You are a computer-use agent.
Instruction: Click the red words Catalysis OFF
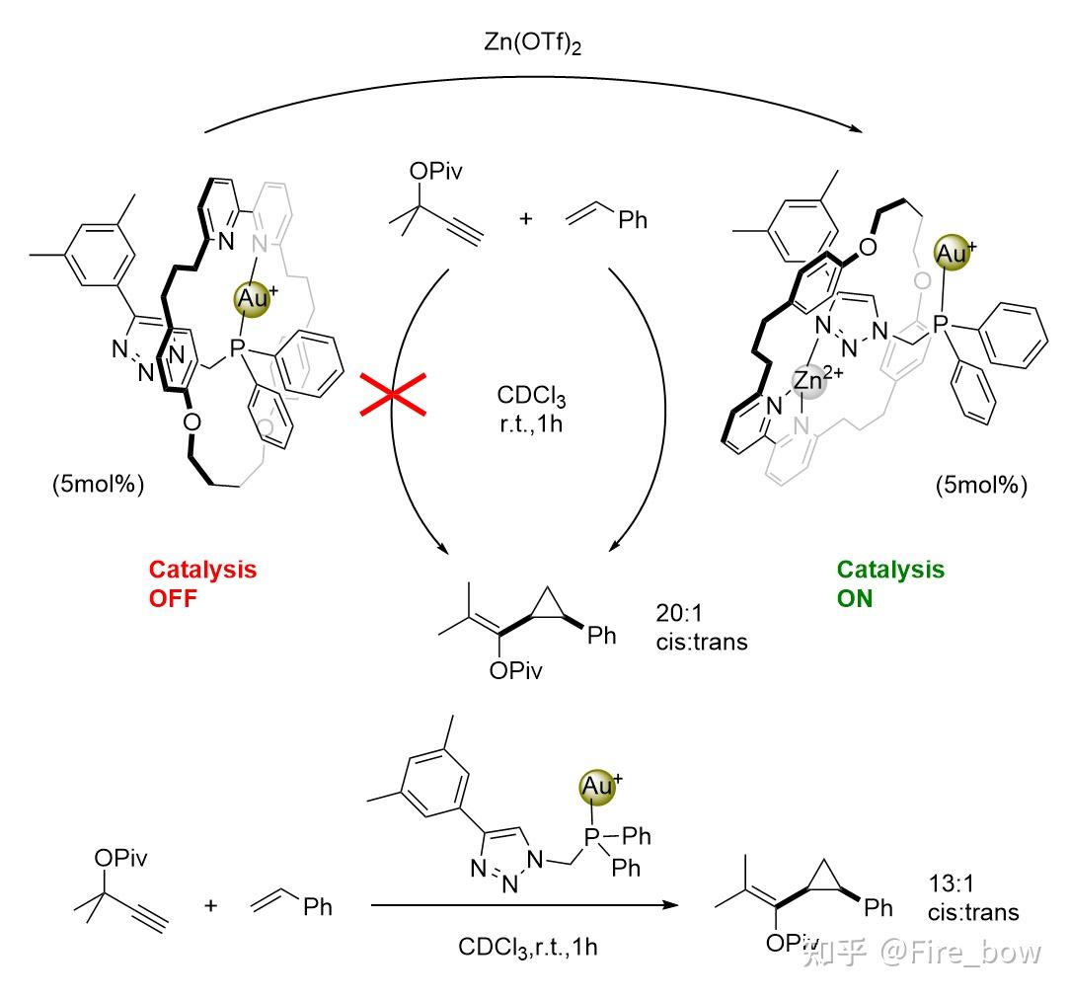202,583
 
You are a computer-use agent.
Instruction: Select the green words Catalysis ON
890,583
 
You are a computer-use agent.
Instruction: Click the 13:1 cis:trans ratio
974,895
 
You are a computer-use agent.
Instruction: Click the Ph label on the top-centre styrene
633,219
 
